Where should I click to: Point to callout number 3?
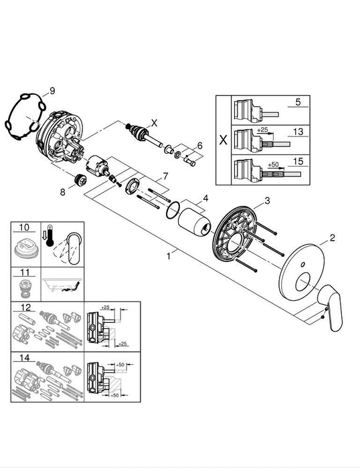(266, 201)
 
